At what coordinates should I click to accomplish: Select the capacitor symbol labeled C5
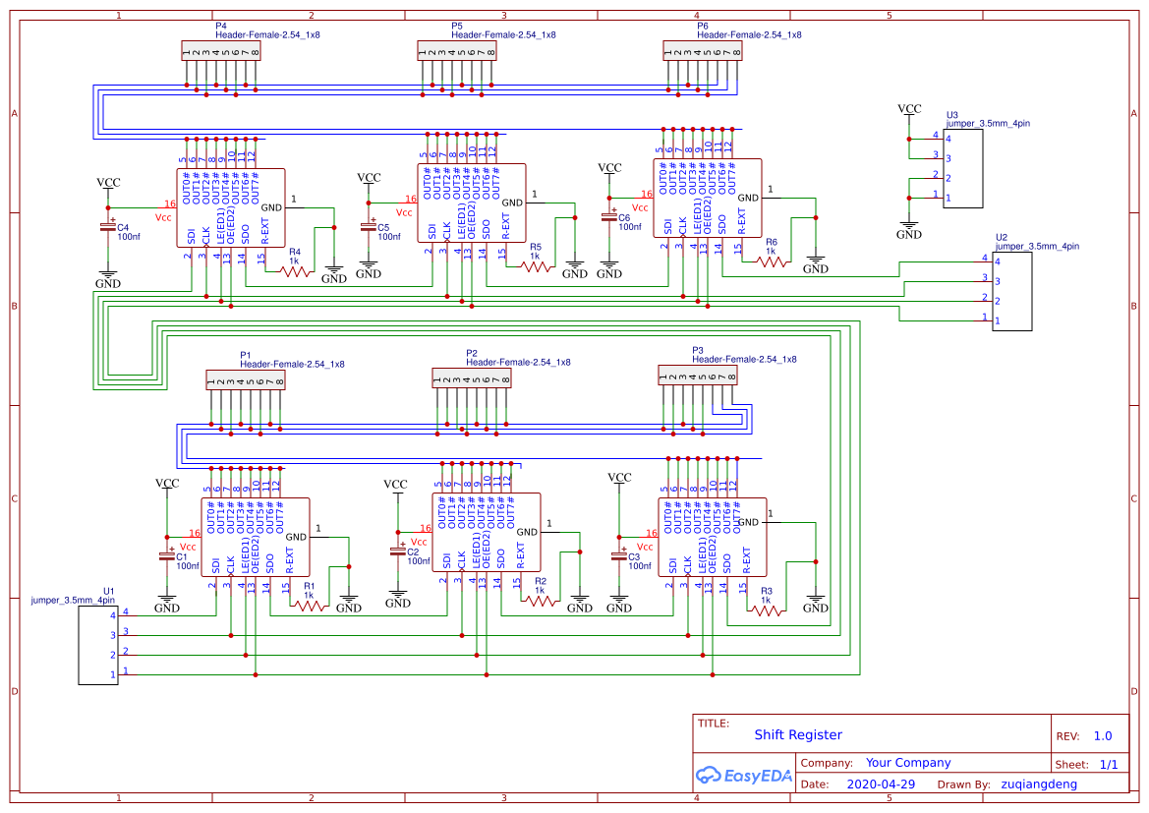coord(370,226)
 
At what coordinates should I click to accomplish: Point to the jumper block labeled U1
coord(97,644)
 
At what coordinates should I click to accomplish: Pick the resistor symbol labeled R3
coord(767,610)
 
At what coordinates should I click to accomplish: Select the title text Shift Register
coord(798,735)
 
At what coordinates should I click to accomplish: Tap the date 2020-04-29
coord(881,784)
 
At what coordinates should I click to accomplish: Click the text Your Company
coord(908,763)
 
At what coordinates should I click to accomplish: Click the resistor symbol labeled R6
coord(771,261)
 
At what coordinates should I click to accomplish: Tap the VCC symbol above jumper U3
coord(909,110)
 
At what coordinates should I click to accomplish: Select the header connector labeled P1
coord(246,380)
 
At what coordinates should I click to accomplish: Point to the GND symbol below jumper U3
coord(909,231)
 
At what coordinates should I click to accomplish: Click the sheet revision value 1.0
coord(1103,736)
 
